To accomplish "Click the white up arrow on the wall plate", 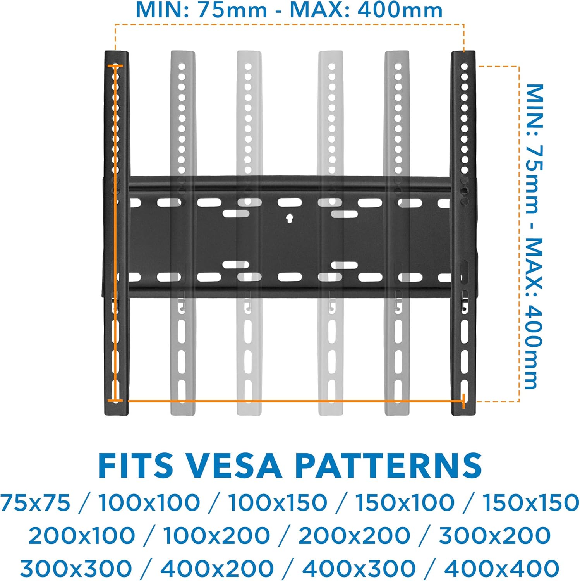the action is click(289, 218).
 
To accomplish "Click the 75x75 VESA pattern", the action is click(35, 503).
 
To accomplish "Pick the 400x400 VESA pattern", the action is click(501, 568).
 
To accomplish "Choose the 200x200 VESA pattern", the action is click(354, 536).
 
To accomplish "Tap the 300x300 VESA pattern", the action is click(76, 568).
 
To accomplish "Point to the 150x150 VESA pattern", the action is click(531, 503).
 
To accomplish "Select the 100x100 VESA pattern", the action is click(149, 503).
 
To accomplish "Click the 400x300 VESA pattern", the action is click(359, 568).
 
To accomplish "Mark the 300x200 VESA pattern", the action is click(494, 536).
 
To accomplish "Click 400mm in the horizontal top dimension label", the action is click(400, 10).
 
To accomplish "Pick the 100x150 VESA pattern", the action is click(277, 503).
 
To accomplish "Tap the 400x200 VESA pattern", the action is click(217, 568).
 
